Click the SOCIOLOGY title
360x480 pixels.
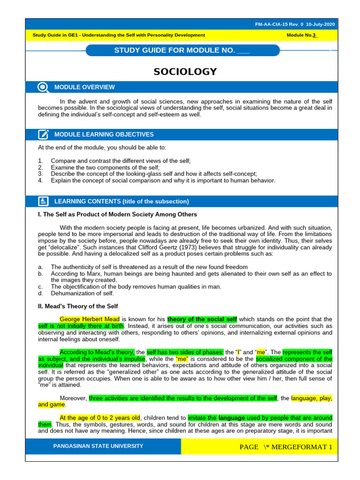[185, 72]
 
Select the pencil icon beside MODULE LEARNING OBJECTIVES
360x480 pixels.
[43, 135]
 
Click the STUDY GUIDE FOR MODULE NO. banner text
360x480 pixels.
[182, 50]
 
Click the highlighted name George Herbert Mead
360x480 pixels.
[90, 319]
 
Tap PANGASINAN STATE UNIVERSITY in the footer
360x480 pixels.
[98, 446]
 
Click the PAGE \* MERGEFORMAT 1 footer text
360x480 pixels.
[285, 447]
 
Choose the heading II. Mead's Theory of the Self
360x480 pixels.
[77, 306]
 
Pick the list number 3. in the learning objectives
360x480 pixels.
[40, 173]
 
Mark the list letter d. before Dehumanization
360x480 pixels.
[40, 293]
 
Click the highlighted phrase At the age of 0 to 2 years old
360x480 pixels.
[100, 417]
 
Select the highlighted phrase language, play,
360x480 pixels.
[311, 398]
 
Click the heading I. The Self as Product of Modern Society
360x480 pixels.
[117, 214]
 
